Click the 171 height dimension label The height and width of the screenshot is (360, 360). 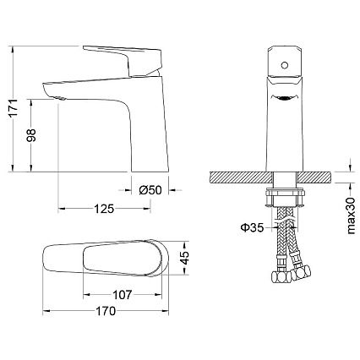14,107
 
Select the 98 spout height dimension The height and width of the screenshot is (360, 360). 31,135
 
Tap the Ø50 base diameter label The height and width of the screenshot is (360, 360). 150,190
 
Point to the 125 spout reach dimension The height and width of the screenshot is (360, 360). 104,209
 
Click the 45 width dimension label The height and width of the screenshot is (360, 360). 184,258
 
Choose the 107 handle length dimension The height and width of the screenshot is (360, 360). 122,295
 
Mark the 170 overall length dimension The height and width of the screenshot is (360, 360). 106,311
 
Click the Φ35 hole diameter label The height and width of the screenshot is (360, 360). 252,227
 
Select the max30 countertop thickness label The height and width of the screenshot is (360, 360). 351,215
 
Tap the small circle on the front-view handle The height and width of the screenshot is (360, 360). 285,65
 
